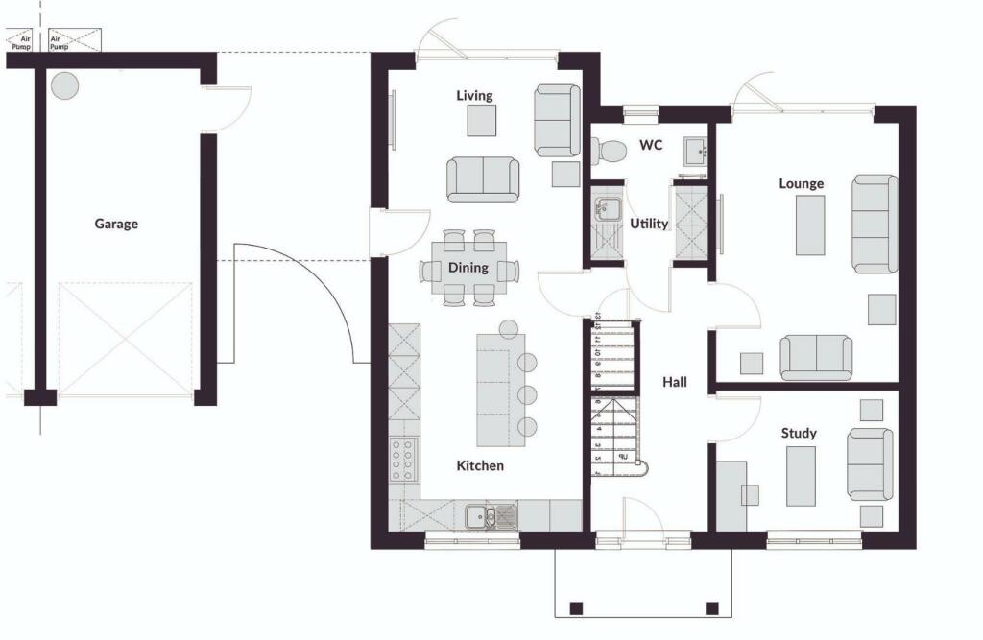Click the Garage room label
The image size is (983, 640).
[x=116, y=224]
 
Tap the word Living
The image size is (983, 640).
[x=474, y=95]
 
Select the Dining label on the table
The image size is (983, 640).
[x=469, y=268]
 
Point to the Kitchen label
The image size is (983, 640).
[x=480, y=465]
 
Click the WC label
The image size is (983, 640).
[x=651, y=146]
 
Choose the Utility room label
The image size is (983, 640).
[x=649, y=224]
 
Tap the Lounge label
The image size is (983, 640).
[x=801, y=183]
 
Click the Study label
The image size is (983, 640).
[x=799, y=433]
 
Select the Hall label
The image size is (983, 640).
[x=675, y=382]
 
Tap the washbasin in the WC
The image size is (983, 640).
[x=696, y=152]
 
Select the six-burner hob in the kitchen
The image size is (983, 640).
[x=403, y=459]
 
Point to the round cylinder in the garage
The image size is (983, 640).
[x=65, y=86]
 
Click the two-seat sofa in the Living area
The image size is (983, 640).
[x=483, y=179]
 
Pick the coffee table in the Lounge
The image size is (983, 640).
[x=810, y=225]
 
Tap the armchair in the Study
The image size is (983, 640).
[x=871, y=463]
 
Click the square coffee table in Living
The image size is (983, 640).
[x=482, y=121]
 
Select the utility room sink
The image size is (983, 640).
[x=608, y=210]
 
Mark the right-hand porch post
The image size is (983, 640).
[x=711, y=607]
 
